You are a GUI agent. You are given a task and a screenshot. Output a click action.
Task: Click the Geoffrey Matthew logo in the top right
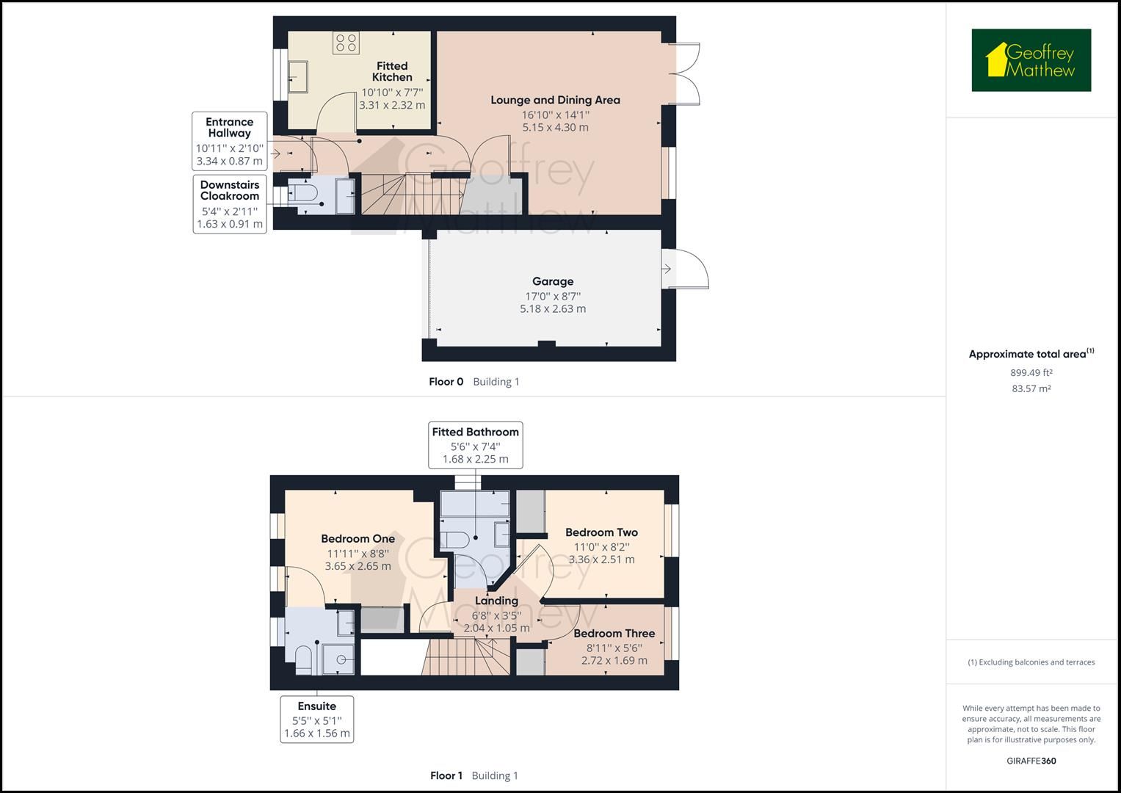1031,60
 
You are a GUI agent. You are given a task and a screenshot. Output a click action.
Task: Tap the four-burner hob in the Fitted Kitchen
346,43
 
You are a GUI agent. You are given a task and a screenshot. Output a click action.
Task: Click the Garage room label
553,281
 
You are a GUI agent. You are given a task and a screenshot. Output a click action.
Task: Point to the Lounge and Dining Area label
555,100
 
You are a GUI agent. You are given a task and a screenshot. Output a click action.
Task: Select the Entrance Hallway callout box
229,141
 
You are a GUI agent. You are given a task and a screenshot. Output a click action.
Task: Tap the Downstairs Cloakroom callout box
229,203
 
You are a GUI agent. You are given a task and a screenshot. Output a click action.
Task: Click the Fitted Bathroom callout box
475,444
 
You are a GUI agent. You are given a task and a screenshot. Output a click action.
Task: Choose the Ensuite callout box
316,719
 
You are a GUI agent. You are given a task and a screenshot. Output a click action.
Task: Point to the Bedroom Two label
601,532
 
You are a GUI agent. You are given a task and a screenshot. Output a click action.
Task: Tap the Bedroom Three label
614,633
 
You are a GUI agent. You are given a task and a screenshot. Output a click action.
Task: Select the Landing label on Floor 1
496,601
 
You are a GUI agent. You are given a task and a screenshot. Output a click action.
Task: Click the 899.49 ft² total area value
1031,372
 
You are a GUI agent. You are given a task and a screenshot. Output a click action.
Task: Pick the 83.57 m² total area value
1031,388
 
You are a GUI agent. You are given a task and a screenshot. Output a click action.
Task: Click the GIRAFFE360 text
1031,761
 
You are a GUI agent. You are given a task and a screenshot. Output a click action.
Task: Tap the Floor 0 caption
446,382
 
